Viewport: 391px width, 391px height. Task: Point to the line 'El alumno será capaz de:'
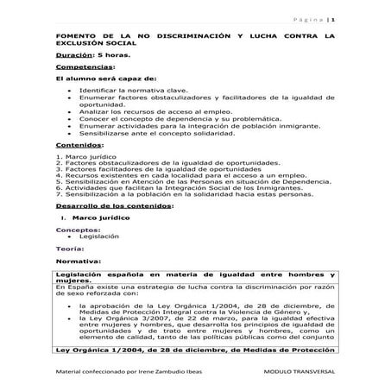(x=102, y=78)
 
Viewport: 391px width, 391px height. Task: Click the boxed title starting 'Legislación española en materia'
(x=194, y=275)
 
